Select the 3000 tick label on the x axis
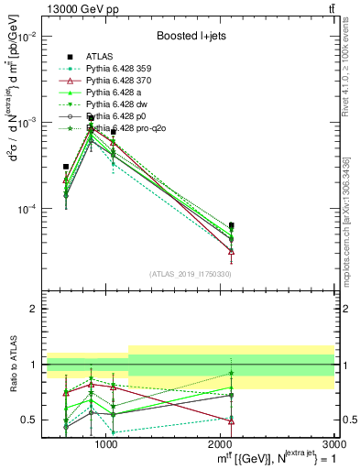click(334, 444)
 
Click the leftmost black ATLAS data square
click(66, 167)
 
